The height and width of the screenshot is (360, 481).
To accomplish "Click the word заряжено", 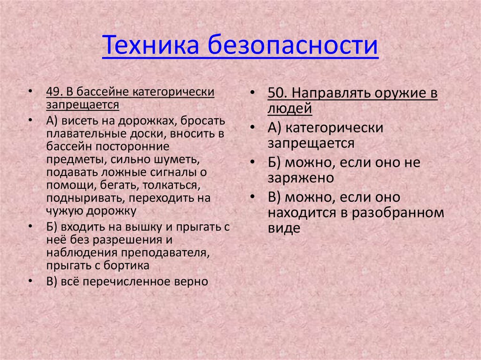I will coord(301,178).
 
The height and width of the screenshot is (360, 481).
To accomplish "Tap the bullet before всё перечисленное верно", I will coord(31,282).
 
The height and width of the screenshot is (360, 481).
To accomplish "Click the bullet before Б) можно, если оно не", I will coord(253,162).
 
